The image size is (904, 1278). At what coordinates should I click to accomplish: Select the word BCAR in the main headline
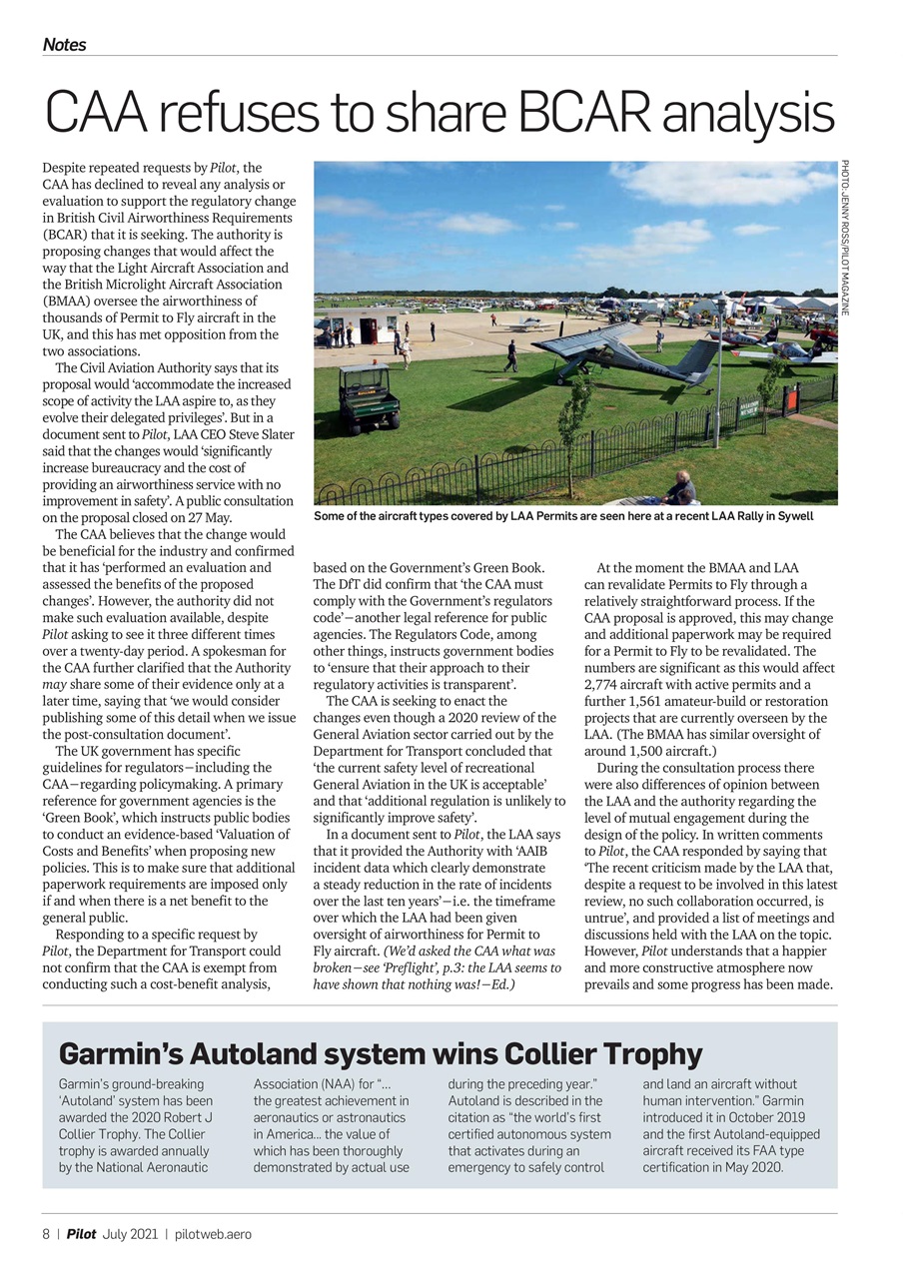(x=588, y=114)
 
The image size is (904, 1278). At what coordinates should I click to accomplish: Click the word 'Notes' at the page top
(x=64, y=45)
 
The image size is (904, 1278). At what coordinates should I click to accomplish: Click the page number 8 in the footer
(x=46, y=1234)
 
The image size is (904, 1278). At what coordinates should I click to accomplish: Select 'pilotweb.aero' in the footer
(x=213, y=1234)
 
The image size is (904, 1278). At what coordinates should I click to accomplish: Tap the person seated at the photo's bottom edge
(x=682, y=488)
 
